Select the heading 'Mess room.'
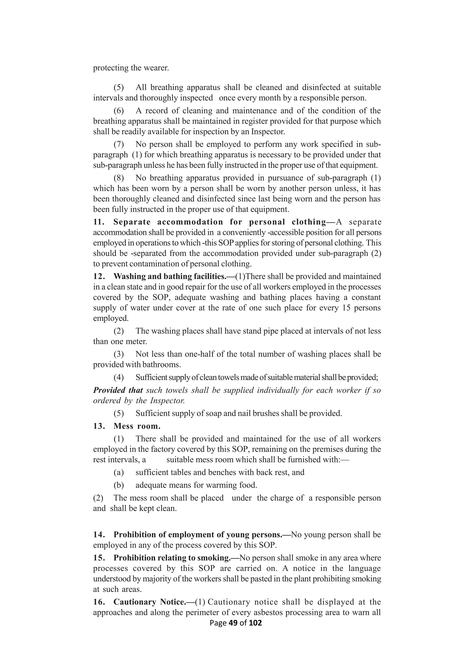[x=137, y=426]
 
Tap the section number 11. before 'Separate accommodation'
[x=99, y=222]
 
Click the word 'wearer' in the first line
[x=156, y=68]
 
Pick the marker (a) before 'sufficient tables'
[x=119, y=472]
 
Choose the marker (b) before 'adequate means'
[x=119, y=485]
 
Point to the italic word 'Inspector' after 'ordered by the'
[x=167, y=401]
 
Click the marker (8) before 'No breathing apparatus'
[x=119, y=178]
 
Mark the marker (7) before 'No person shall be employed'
[x=119, y=144]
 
